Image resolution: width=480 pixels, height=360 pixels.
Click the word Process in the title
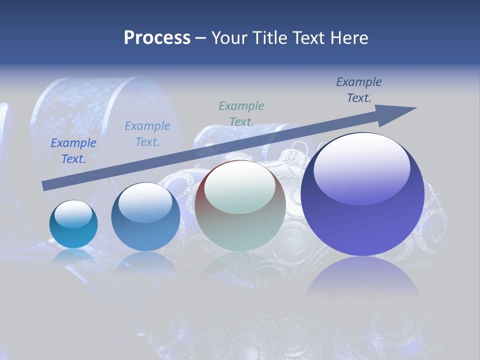157,37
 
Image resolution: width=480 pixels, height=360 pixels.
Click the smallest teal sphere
73,224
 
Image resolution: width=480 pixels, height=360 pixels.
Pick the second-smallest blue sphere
145,217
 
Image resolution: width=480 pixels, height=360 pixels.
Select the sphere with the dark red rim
240,205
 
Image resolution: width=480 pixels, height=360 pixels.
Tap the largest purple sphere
362,195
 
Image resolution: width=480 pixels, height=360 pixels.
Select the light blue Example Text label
147,134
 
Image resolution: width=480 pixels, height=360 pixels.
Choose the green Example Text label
241,113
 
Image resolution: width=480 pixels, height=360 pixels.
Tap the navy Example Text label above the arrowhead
359,90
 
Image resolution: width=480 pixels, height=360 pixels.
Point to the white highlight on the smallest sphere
73,214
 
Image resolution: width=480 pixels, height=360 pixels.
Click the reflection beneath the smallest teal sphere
73,256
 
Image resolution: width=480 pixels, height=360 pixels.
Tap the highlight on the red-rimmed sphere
239,188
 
